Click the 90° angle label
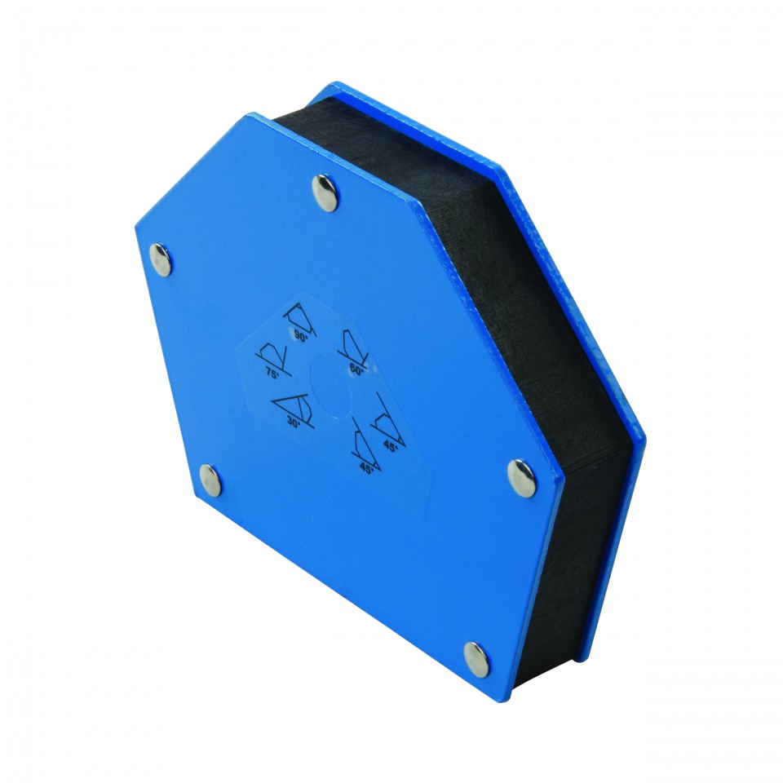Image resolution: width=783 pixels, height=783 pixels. tap(301, 337)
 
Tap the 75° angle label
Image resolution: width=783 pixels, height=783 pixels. tap(272, 374)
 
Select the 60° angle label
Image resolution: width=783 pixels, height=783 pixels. tap(356, 370)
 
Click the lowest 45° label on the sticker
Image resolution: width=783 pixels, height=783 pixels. tap(366, 468)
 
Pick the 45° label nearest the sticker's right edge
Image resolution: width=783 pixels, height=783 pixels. tap(391, 447)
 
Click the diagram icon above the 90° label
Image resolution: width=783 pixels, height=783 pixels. tap(301, 318)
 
